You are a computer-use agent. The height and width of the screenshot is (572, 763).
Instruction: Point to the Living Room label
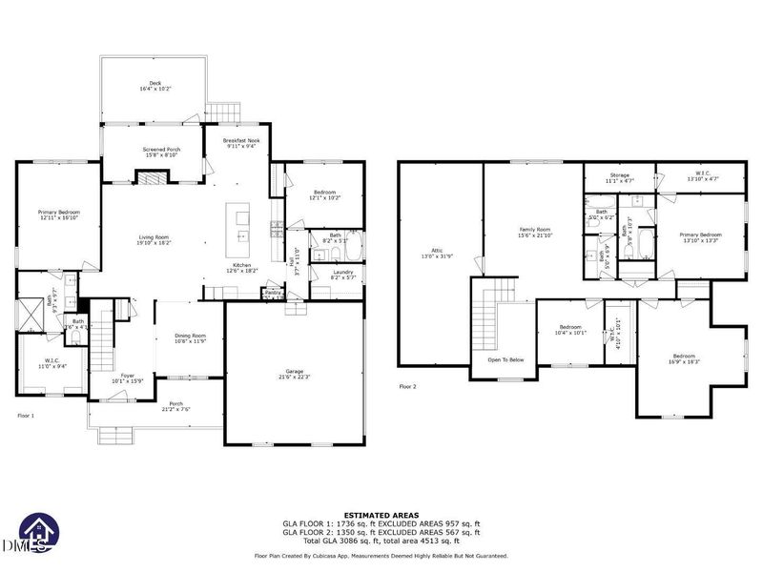153,239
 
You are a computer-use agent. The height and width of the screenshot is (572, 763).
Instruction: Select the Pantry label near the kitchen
274,292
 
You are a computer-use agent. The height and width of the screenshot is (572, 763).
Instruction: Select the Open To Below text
506,359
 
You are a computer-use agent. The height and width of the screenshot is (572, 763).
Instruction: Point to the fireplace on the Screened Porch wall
152,176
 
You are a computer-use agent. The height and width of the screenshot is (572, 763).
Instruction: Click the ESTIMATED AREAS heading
381,515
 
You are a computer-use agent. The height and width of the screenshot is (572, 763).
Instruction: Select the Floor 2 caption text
409,387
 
